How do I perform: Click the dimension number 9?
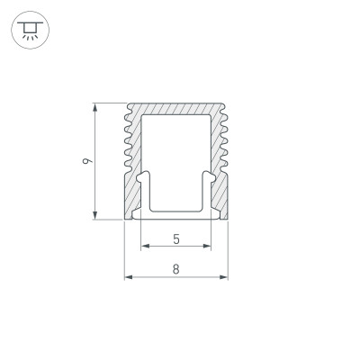(x=85, y=162)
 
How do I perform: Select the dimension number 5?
(x=175, y=238)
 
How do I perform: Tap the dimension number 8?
(x=175, y=269)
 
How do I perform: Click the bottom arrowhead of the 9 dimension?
(x=95, y=215)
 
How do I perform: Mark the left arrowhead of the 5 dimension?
(x=144, y=246)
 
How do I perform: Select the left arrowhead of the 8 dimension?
(x=127, y=276)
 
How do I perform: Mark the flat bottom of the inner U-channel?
(x=175, y=209)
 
